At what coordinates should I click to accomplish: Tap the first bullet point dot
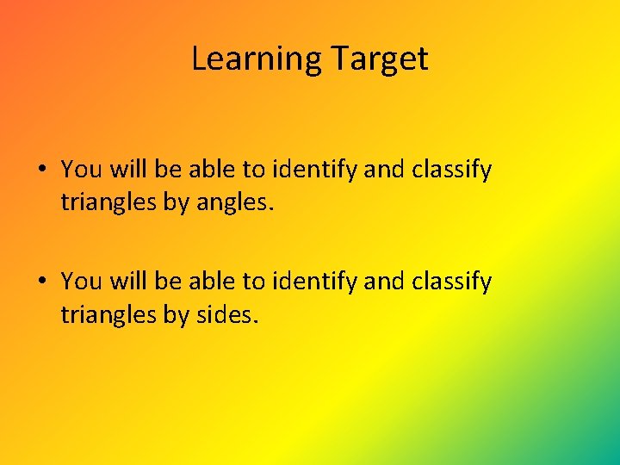click(x=42, y=170)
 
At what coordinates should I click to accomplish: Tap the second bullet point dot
click(x=42, y=282)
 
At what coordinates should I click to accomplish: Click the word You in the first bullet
click(x=81, y=170)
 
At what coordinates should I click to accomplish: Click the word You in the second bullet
click(x=81, y=282)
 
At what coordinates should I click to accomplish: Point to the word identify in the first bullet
click(x=314, y=170)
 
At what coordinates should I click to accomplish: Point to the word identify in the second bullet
click(x=314, y=282)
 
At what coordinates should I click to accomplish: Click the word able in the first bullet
click(x=211, y=170)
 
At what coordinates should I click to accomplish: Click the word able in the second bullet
click(x=211, y=282)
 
